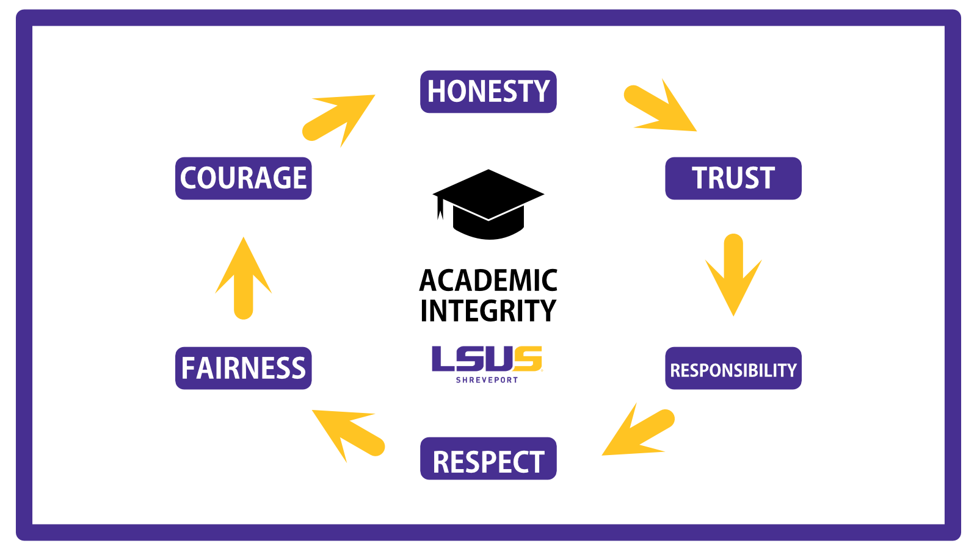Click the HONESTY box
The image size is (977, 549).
click(x=488, y=91)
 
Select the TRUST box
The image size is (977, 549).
click(x=733, y=178)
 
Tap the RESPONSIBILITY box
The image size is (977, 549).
click(x=733, y=368)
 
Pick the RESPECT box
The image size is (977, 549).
click(x=488, y=458)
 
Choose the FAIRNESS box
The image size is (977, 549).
click(x=244, y=368)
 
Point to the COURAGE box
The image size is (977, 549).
click(x=244, y=178)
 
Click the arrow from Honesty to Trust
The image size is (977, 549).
click(x=660, y=105)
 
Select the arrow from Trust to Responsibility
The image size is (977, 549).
click(x=733, y=274)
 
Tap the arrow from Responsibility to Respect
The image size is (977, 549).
click(x=638, y=429)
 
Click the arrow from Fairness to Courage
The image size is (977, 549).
click(x=244, y=278)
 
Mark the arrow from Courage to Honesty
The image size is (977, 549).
click(x=338, y=121)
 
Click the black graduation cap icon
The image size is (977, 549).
click(x=488, y=204)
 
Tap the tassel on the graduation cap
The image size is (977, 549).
click(x=440, y=208)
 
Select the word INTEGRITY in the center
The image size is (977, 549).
click(x=488, y=310)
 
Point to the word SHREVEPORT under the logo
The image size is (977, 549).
click(x=487, y=380)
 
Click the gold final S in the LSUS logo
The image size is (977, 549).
click(x=528, y=359)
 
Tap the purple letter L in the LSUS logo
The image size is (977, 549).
click(x=443, y=359)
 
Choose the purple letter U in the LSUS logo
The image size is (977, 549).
click(x=500, y=359)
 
